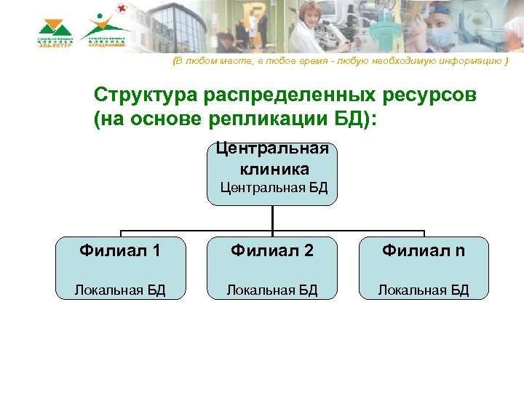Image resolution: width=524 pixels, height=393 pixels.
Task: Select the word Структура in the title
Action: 146,96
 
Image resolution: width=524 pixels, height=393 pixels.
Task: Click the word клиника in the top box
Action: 274,169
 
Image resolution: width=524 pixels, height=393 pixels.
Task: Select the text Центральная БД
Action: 274,188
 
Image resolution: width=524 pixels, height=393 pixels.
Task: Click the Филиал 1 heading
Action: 121,252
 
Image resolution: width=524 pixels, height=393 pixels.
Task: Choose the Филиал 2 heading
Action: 272,252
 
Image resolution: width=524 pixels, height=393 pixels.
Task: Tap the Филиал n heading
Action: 424,252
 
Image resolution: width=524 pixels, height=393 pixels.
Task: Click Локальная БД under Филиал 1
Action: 121,290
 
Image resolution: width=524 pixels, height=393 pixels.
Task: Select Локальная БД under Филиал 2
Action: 272,290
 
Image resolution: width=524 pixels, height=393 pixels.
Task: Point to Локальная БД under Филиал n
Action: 424,290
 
